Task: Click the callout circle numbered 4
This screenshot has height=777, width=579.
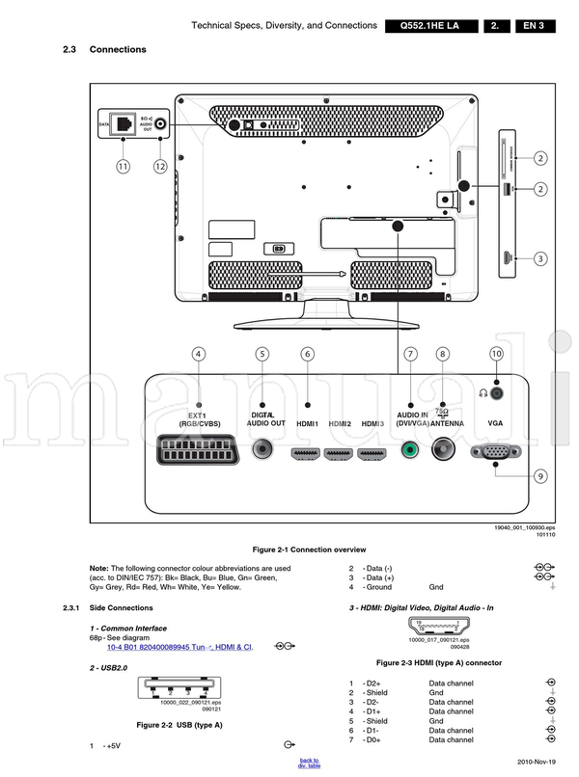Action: click(198, 354)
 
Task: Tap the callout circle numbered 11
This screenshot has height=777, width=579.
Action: click(123, 166)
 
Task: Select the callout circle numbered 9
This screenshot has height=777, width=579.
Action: click(541, 476)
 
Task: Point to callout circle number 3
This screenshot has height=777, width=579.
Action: click(541, 258)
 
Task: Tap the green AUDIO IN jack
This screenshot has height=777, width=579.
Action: click(411, 449)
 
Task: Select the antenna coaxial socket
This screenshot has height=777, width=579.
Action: click(443, 448)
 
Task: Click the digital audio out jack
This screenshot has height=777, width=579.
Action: click(262, 449)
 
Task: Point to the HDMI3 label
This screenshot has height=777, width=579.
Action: click(372, 424)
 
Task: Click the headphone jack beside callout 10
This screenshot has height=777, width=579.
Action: click(496, 392)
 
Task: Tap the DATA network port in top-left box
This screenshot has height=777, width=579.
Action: click(123, 122)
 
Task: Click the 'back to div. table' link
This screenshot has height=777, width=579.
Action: click(309, 763)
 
